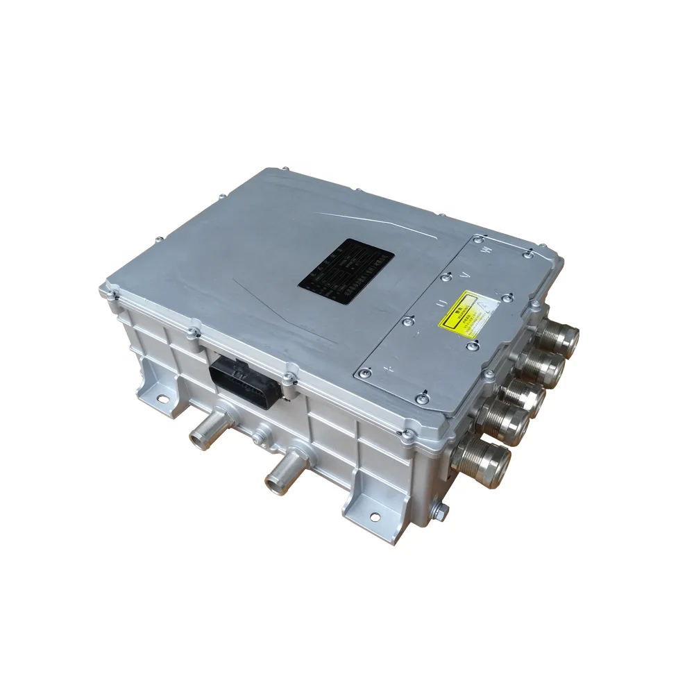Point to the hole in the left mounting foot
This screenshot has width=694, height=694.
163,398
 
